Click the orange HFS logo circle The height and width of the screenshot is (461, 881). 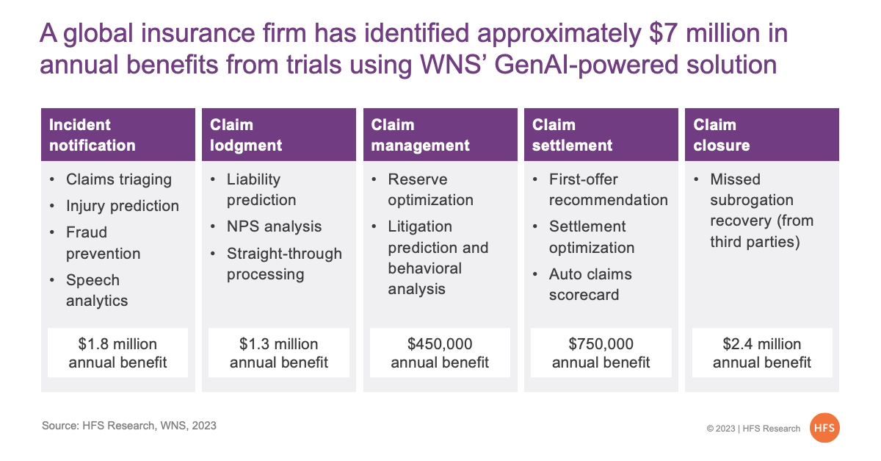coord(824,428)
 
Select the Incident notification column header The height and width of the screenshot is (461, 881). coord(118,135)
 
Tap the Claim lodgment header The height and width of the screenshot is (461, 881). coord(279,135)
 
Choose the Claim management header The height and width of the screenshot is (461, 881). coord(440,135)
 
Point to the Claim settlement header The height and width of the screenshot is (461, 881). coord(601,135)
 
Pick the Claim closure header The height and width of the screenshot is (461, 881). coord(762,135)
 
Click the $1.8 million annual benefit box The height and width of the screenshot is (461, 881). coord(117,353)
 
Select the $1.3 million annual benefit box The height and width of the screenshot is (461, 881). coord(279,353)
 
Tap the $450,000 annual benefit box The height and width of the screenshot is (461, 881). coord(440,353)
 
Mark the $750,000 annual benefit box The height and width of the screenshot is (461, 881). coord(601,353)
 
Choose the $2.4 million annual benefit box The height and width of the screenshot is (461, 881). coord(762,353)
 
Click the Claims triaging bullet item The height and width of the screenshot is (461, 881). coord(119,180)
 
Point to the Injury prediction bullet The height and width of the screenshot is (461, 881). coord(123,206)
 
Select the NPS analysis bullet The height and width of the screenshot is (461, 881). coord(274,226)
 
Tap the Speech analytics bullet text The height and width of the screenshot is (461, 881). coord(97,290)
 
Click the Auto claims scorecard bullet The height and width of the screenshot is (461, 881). coord(590,285)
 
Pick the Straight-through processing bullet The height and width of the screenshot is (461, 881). coord(284,264)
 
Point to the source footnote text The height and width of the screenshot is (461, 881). coord(129,426)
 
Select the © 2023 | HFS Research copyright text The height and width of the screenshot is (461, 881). coord(753,429)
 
